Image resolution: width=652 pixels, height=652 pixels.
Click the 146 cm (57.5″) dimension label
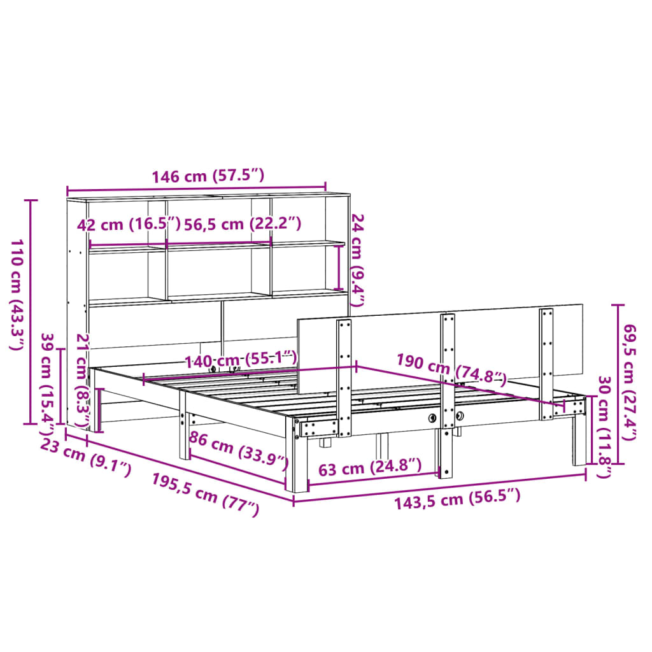pyautogui.click(x=207, y=176)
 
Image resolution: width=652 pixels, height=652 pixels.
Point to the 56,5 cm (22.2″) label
pyautogui.click(x=242, y=224)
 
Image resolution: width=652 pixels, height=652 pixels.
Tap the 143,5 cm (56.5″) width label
pyautogui.click(x=457, y=499)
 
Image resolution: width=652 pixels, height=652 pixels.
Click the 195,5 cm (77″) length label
pyautogui.click(x=205, y=494)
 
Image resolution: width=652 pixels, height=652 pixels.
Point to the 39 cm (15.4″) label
pyautogui.click(x=48, y=379)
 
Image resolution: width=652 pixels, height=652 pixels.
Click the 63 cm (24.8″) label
pyautogui.click(x=369, y=469)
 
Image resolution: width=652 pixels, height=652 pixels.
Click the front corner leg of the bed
pyautogui.click(x=297, y=458)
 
